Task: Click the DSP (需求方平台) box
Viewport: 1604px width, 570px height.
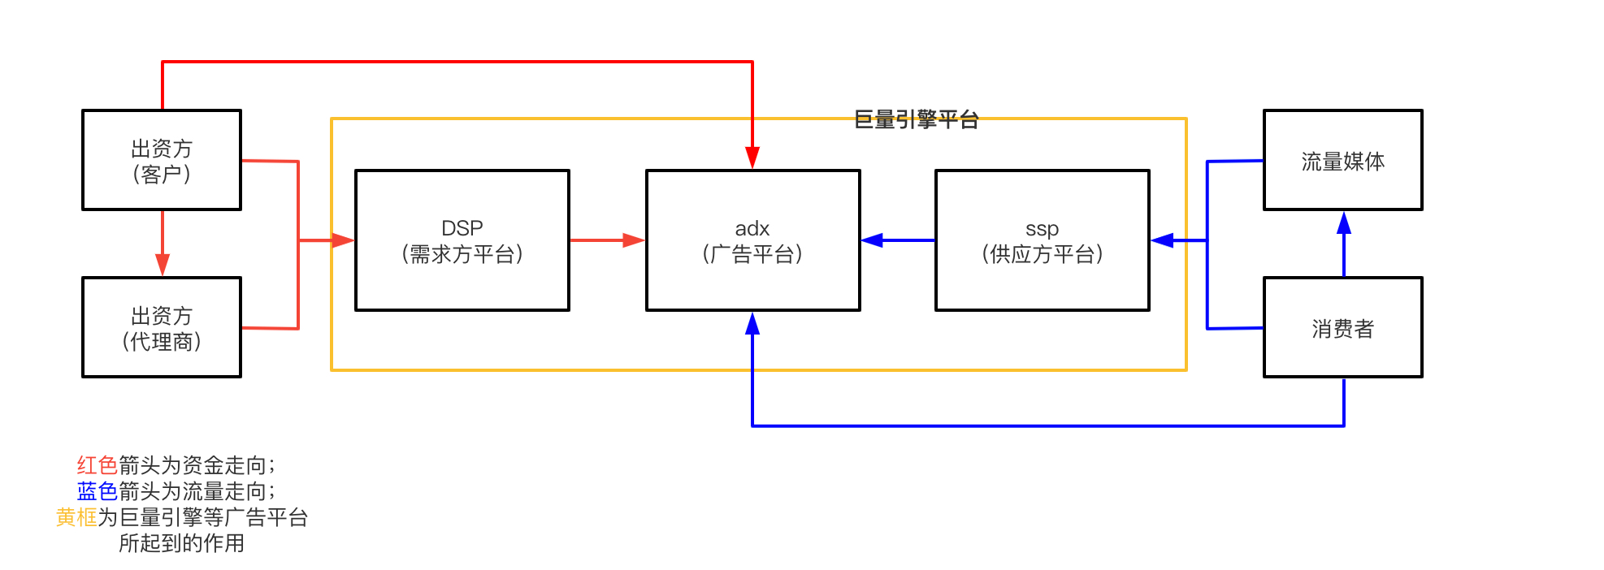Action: pos(462,240)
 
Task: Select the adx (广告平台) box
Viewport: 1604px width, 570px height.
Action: pos(752,240)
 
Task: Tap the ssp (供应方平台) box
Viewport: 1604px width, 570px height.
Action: pos(1042,240)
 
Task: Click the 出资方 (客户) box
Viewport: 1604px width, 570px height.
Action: pos(162,160)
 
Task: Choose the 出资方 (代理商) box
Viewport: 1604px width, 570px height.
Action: pos(162,327)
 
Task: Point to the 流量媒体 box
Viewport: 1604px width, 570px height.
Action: pos(1342,160)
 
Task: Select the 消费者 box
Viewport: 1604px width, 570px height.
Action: pos(1342,327)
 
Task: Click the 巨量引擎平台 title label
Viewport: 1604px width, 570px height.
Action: pos(916,120)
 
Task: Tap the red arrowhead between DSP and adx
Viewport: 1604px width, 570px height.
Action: pos(633,240)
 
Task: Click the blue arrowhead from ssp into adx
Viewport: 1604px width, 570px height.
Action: pos(873,240)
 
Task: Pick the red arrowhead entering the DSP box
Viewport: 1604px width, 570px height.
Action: pos(342,240)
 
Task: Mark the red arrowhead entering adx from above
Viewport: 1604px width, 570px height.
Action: pos(752,158)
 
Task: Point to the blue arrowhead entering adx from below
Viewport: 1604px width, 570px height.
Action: pos(752,324)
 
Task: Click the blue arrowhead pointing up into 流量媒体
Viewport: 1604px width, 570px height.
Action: pos(1344,223)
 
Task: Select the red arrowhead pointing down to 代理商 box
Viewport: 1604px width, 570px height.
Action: pos(163,265)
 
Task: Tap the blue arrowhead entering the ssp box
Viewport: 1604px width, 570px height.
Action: pos(1163,240)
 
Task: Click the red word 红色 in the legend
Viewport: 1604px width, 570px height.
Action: pos(98,465)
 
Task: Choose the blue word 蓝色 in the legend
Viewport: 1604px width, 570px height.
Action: pos(98,491)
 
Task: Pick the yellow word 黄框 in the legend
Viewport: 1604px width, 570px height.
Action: pos(76,517)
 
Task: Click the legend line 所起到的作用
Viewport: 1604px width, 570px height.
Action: pos(181,543)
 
